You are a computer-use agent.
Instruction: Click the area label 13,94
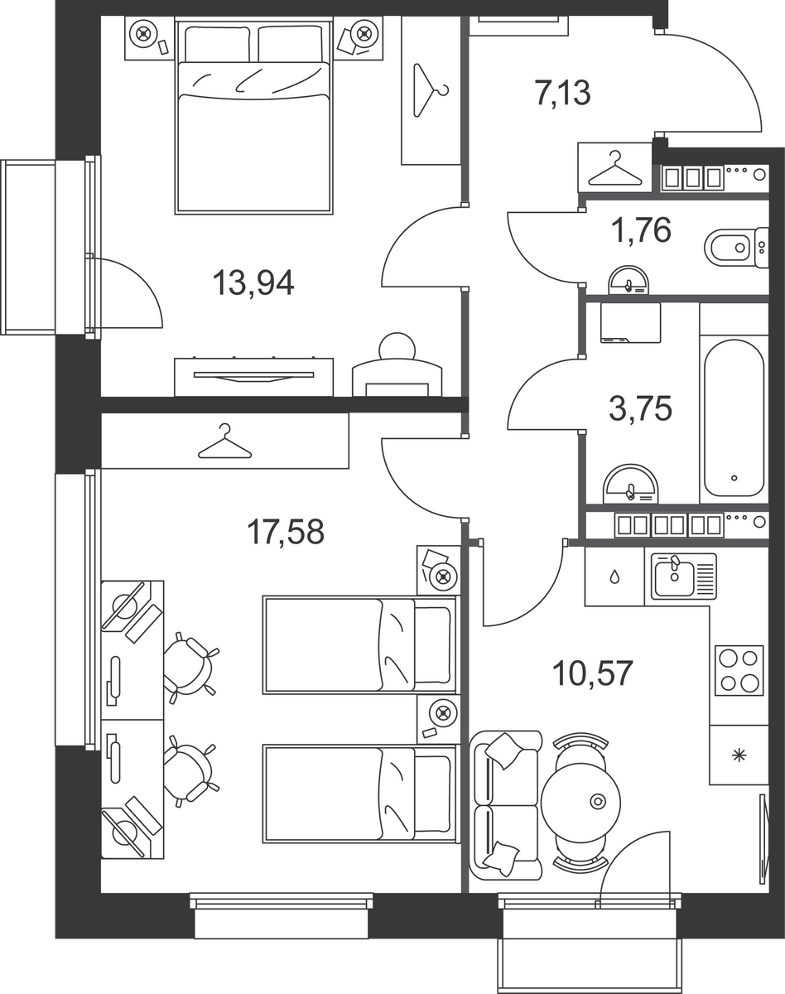(x=253, y=282)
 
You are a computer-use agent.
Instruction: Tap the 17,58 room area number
(x=286, y=531)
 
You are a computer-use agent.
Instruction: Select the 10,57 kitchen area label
(x=592, y=673)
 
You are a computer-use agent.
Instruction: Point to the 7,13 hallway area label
(x=563, y=93)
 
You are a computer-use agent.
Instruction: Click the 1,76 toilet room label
(x=641, y=230)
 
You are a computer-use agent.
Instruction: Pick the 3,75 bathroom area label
(x=640, y=408)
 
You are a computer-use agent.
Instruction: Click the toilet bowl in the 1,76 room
(x=736, y=247)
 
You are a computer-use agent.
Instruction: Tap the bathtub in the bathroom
(x=734, y=418)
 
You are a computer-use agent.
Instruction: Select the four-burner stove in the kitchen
(x=739, y=670)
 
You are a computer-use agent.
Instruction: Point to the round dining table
(x=580, y=803)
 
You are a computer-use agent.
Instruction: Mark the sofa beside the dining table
(x=505, y=805)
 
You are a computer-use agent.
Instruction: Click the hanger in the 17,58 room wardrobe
(x=225, y=442)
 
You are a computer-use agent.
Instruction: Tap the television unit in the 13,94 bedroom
(x=253, y=376)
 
